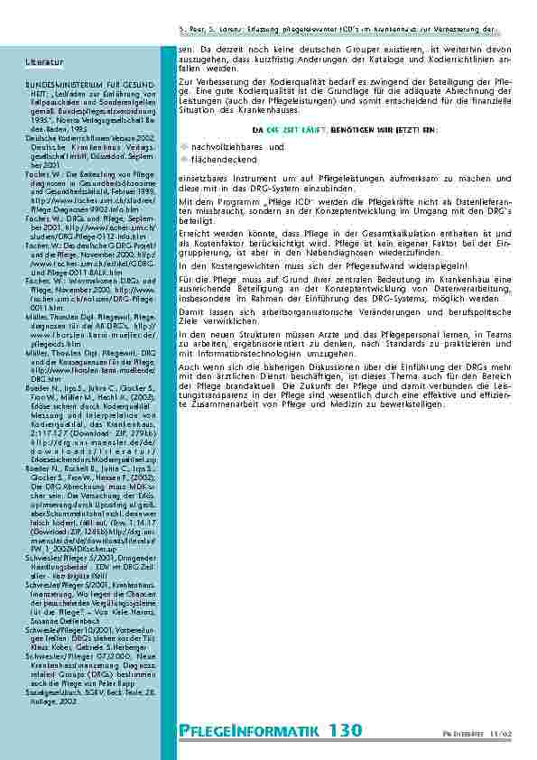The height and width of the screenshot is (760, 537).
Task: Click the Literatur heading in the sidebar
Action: [45, 61]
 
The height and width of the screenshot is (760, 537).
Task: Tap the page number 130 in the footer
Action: [346, 729]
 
